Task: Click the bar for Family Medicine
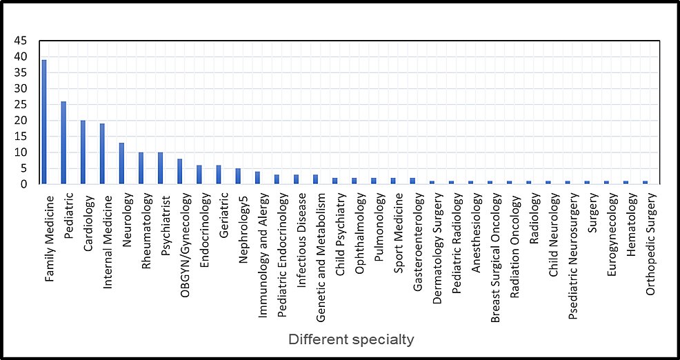point(44,122)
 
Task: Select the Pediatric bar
point(63,143)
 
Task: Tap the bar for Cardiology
point(83,152)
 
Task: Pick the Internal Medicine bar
point(102,154)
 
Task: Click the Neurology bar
point(121,163)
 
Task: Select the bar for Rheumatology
point(141,168)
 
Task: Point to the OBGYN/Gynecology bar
point(179,172)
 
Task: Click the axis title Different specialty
point(351,339)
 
